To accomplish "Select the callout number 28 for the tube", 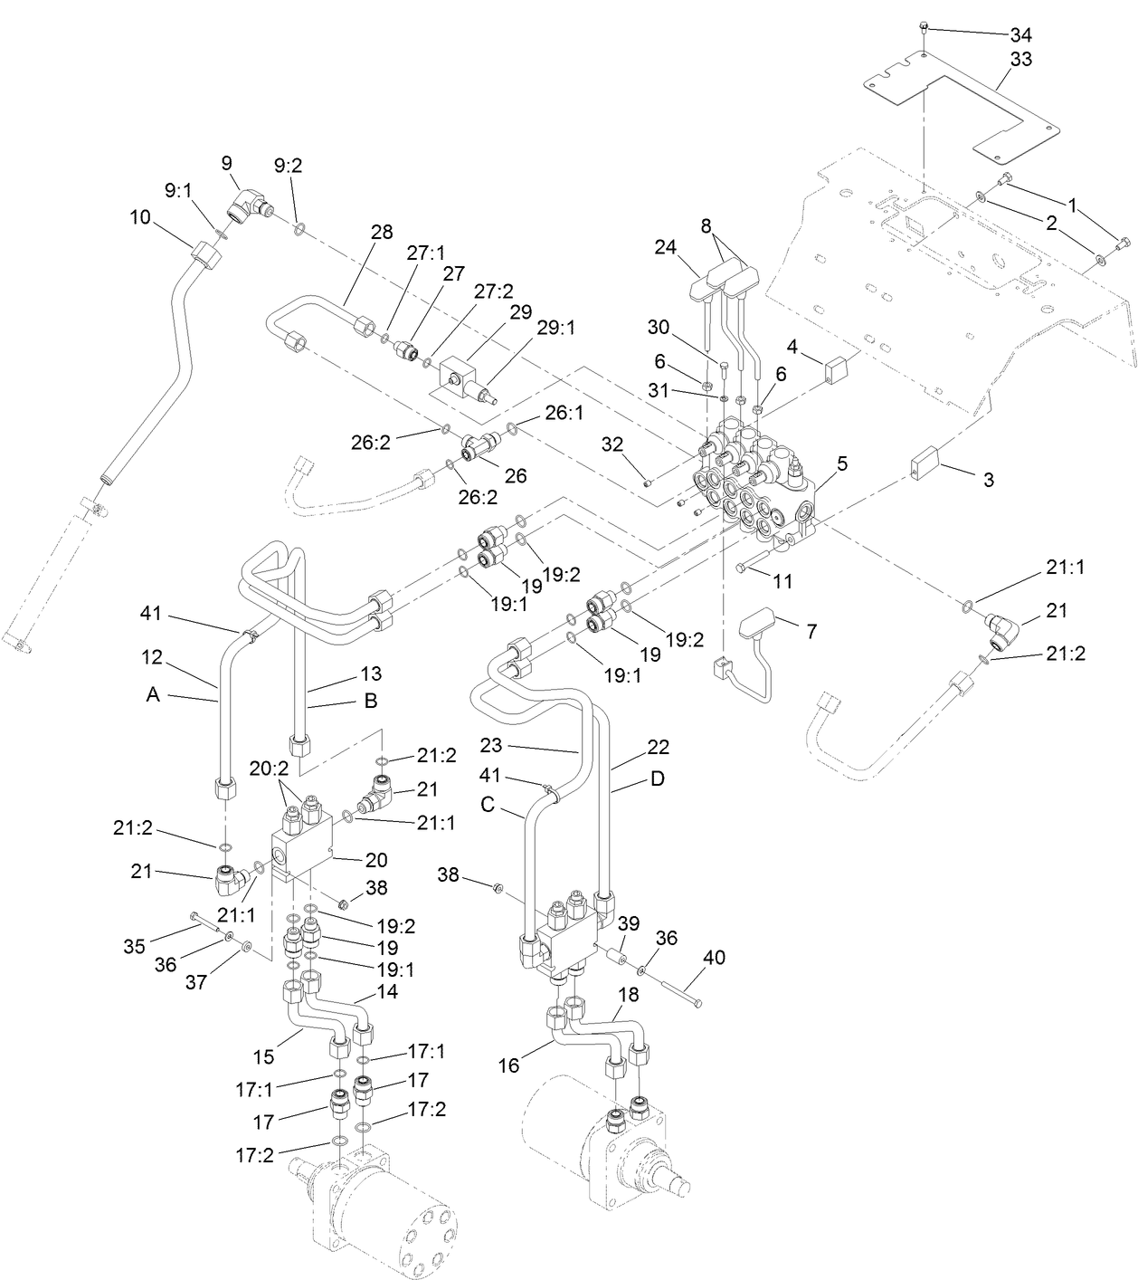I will click(x=382, y=232).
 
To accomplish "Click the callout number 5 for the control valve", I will click(x=841, y=464).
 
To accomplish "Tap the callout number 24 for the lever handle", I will click(x=666, y=246).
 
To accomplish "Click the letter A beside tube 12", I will click(x=153, y=694).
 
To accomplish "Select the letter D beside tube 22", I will click(x=658, y=779).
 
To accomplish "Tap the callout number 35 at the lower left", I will click(x=134, y=947).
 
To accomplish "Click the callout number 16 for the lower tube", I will click(x=509, y=1065).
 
